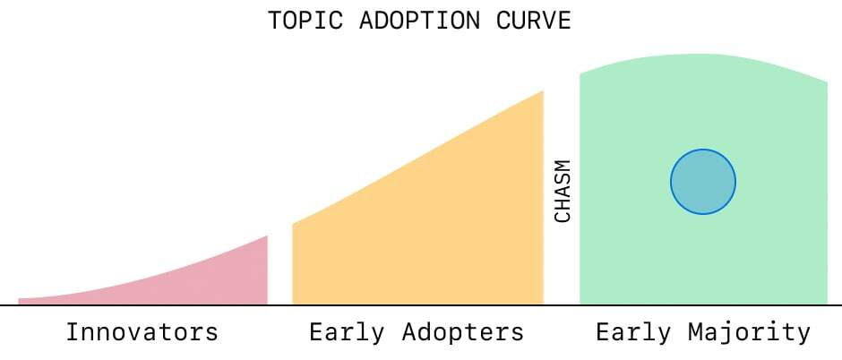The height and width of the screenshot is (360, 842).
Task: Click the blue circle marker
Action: [x=703, y=182]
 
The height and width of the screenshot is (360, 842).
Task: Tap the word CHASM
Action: [x=563, y=191]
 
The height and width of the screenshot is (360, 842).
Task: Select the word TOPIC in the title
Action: [x=306, y=21]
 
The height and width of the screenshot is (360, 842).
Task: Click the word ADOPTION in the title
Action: [x=420, y=21]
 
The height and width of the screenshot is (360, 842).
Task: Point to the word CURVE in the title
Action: [x=533, y=21]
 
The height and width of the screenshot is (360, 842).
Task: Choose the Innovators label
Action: [x=142, y=332]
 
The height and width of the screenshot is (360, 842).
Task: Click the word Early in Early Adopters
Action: [x=347, y=332]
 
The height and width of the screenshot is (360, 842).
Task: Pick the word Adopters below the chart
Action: [x=463, y=332]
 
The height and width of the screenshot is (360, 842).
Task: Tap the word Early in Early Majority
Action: [x=633, y=332]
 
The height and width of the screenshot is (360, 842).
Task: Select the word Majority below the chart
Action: [x=750, y=332]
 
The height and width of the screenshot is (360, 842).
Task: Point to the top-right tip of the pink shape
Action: [x=267, y=236]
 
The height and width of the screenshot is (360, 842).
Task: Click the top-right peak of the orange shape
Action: [x=544, y=90]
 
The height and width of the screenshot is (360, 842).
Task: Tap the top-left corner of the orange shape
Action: [x=293, y=224]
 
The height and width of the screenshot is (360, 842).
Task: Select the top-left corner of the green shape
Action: [x=580, y=74]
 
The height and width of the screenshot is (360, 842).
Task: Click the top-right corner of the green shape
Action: [x=827, y=82]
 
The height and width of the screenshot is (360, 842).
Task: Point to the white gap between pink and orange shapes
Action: [x=279, y=269]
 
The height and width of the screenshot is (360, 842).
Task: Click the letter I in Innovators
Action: [x=73, y=332]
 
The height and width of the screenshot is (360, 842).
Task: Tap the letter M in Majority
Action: [x=696, y=332]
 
